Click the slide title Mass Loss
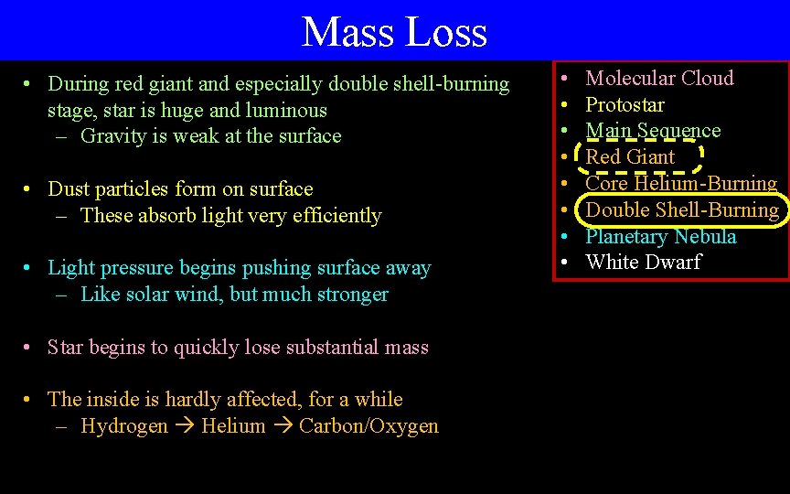[x=394, y=32]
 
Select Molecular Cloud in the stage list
[x=659, y=79]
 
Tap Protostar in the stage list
[x=625, y=105]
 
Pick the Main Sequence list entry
[x=653, y=131]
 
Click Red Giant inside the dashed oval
[x=630, y=157]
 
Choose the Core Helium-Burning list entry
[x=681, y=184]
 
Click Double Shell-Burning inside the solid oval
[x=682, y=210]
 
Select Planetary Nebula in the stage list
[x=660, y=237]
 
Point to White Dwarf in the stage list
[x=643, y=263]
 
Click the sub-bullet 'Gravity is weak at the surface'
[x=210, y=136]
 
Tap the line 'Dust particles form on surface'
[x=179, y=189]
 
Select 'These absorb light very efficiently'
[x=230, y=216]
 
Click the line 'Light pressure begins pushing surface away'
[x=239, y=268]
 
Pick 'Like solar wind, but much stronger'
[x=234, y=295]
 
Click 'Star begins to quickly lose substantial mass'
[x=238, y=348]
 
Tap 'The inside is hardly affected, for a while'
[x=225, y=400]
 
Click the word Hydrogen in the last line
[x=124, y=426]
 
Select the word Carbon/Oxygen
[x=368, y=426]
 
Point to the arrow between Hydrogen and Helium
[x=185, y=427]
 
